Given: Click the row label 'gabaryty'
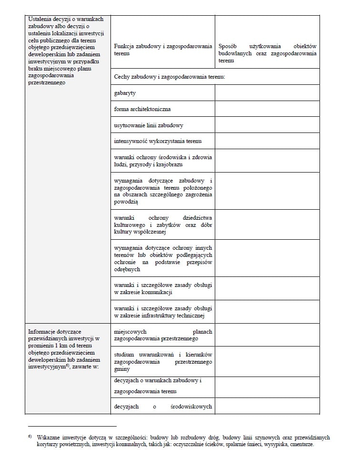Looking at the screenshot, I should click(125, 93).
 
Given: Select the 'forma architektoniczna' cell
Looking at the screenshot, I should click(142, 109).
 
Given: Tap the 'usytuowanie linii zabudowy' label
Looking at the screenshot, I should click(149, 125).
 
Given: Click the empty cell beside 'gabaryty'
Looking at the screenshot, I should click(267, 93).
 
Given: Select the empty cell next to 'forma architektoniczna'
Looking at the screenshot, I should click(267, 109).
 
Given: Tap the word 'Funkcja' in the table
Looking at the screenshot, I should click(125, 46).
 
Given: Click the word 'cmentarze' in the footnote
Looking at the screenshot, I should click(301, 444).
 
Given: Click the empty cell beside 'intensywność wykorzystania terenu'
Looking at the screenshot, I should click(267, 142).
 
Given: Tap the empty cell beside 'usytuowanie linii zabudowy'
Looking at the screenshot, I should click(267, 125).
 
